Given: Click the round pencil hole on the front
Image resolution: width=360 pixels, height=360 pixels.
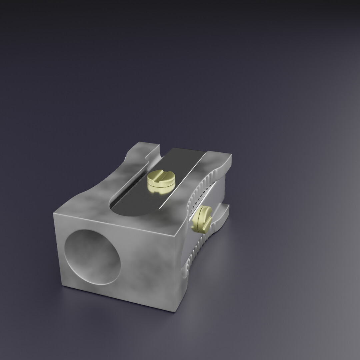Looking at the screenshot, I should tap(92, 257).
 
